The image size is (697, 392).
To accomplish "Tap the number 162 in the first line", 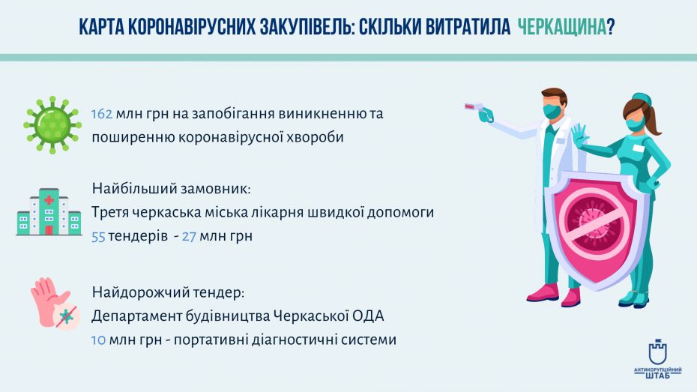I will (x=102, y=114).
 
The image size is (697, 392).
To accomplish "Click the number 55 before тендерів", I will (x=98, y=236).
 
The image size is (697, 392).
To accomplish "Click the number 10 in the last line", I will (x=98, y=340).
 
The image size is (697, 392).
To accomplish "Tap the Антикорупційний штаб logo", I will (x=657, y=361).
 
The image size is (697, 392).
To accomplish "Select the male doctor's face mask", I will (x=553, y=111).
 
